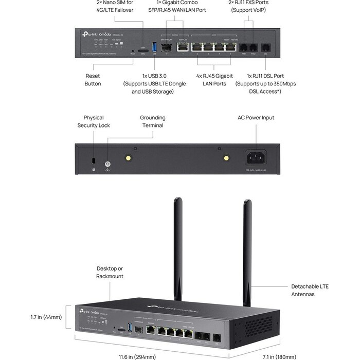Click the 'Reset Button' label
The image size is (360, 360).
[x=93, y=79]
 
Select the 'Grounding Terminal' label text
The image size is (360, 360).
[x=152, y=121]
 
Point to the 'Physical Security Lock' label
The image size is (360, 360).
[x=94, y=121]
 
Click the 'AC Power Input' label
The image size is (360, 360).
[x=256, y=118]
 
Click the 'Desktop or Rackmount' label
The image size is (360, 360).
[x=110, y=272]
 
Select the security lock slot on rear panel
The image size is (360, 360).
[x=93, y=160]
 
